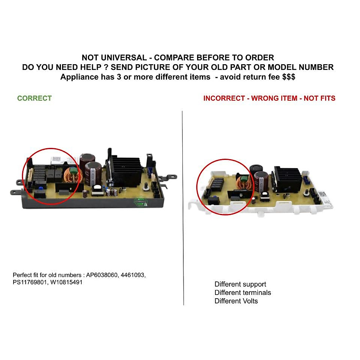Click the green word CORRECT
point(34,98)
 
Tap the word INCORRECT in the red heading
point(224,98)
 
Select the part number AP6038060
point(102,275)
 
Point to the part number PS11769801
point(30,282)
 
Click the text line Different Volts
point(236,301)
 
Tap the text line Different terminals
point(243,292)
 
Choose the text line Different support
point(240,284)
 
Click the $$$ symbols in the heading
point(289,77)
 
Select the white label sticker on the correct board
point(56,160)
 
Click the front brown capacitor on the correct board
point(92,174)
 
